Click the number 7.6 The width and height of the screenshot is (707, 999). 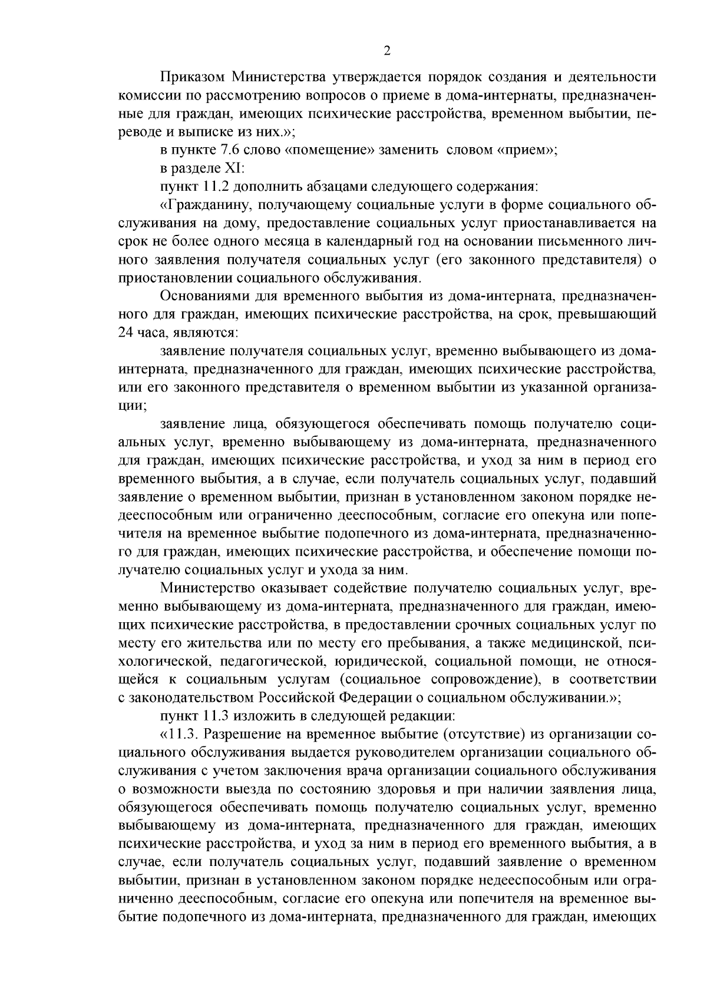[223, 150]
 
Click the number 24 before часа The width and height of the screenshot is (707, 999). [127, 333]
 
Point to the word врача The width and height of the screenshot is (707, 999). [401, 771]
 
